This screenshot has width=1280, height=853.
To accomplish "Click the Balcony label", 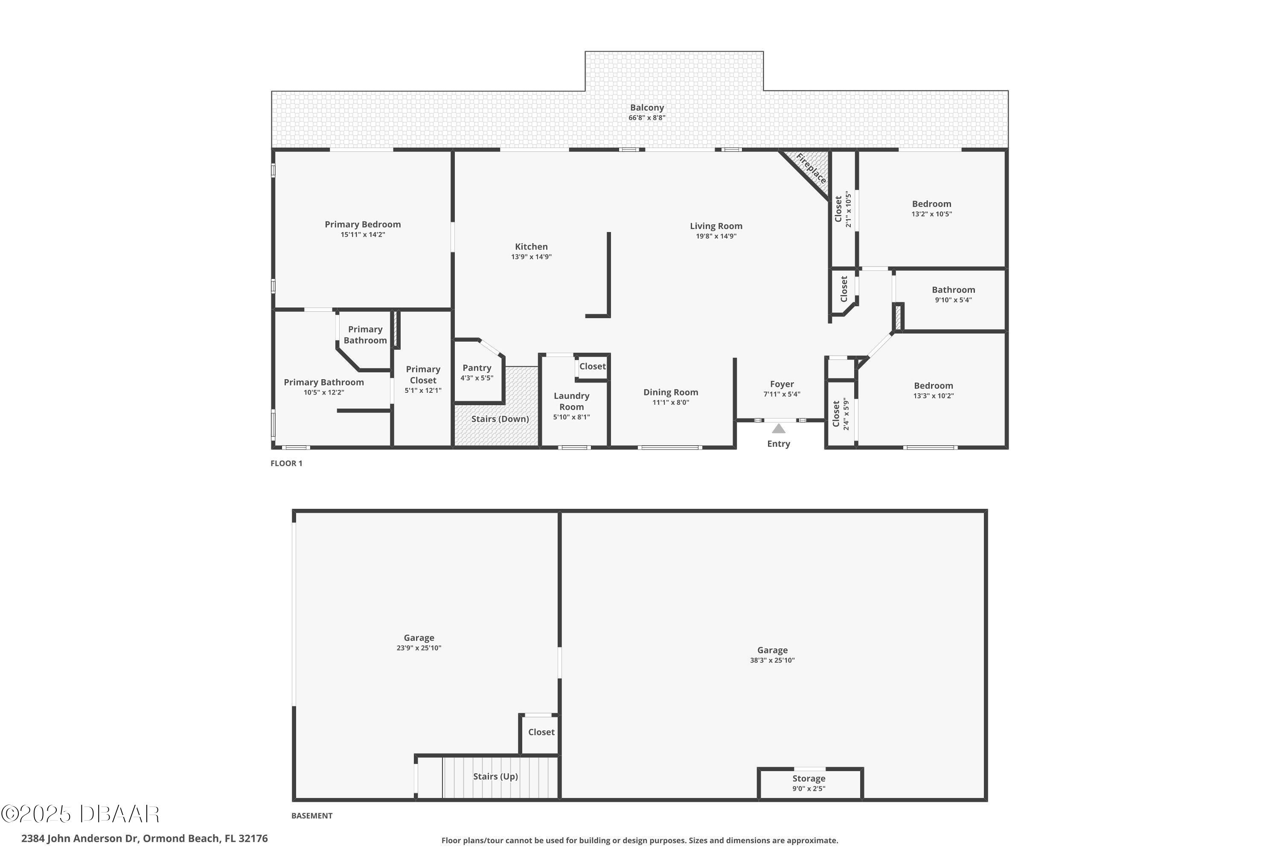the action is tap(647, 108).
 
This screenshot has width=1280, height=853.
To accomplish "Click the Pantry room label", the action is tap(477, 368).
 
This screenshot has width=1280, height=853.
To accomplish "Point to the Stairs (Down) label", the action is tap(500, 419).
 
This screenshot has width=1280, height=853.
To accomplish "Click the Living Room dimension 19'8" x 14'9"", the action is tap(716, 236).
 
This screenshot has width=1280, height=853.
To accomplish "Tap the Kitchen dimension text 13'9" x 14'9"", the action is tap(531, 257).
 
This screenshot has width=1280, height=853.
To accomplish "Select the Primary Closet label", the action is tap(423, 375).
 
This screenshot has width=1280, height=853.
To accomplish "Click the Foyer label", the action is tap(782, 384).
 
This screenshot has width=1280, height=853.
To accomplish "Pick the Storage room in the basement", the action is tap(810, 784).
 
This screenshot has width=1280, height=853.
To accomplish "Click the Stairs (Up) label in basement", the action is tap(495, 776).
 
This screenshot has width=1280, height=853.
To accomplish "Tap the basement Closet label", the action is tap(541, 732).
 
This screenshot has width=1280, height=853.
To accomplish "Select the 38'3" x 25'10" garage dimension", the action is tap(772, 660).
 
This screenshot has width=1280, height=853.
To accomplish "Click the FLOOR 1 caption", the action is tap(286, 464).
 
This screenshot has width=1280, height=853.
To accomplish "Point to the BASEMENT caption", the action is tap(312, 815).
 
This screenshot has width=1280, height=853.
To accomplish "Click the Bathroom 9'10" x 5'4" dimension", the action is tap(954, 300).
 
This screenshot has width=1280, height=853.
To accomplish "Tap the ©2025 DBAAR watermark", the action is tap(80, 814).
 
